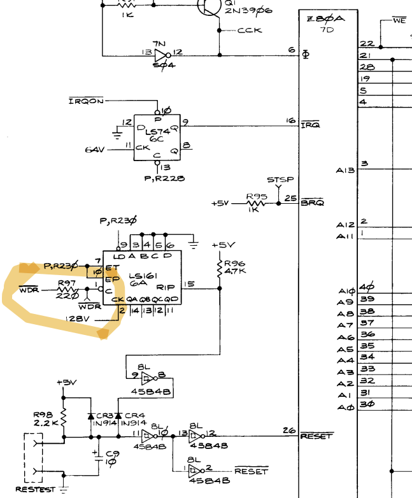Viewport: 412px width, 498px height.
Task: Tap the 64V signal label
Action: tap(95, 150)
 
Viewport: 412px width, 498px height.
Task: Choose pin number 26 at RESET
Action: tap(290, 430)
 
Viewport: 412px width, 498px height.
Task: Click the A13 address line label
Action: tap(345, 171)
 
